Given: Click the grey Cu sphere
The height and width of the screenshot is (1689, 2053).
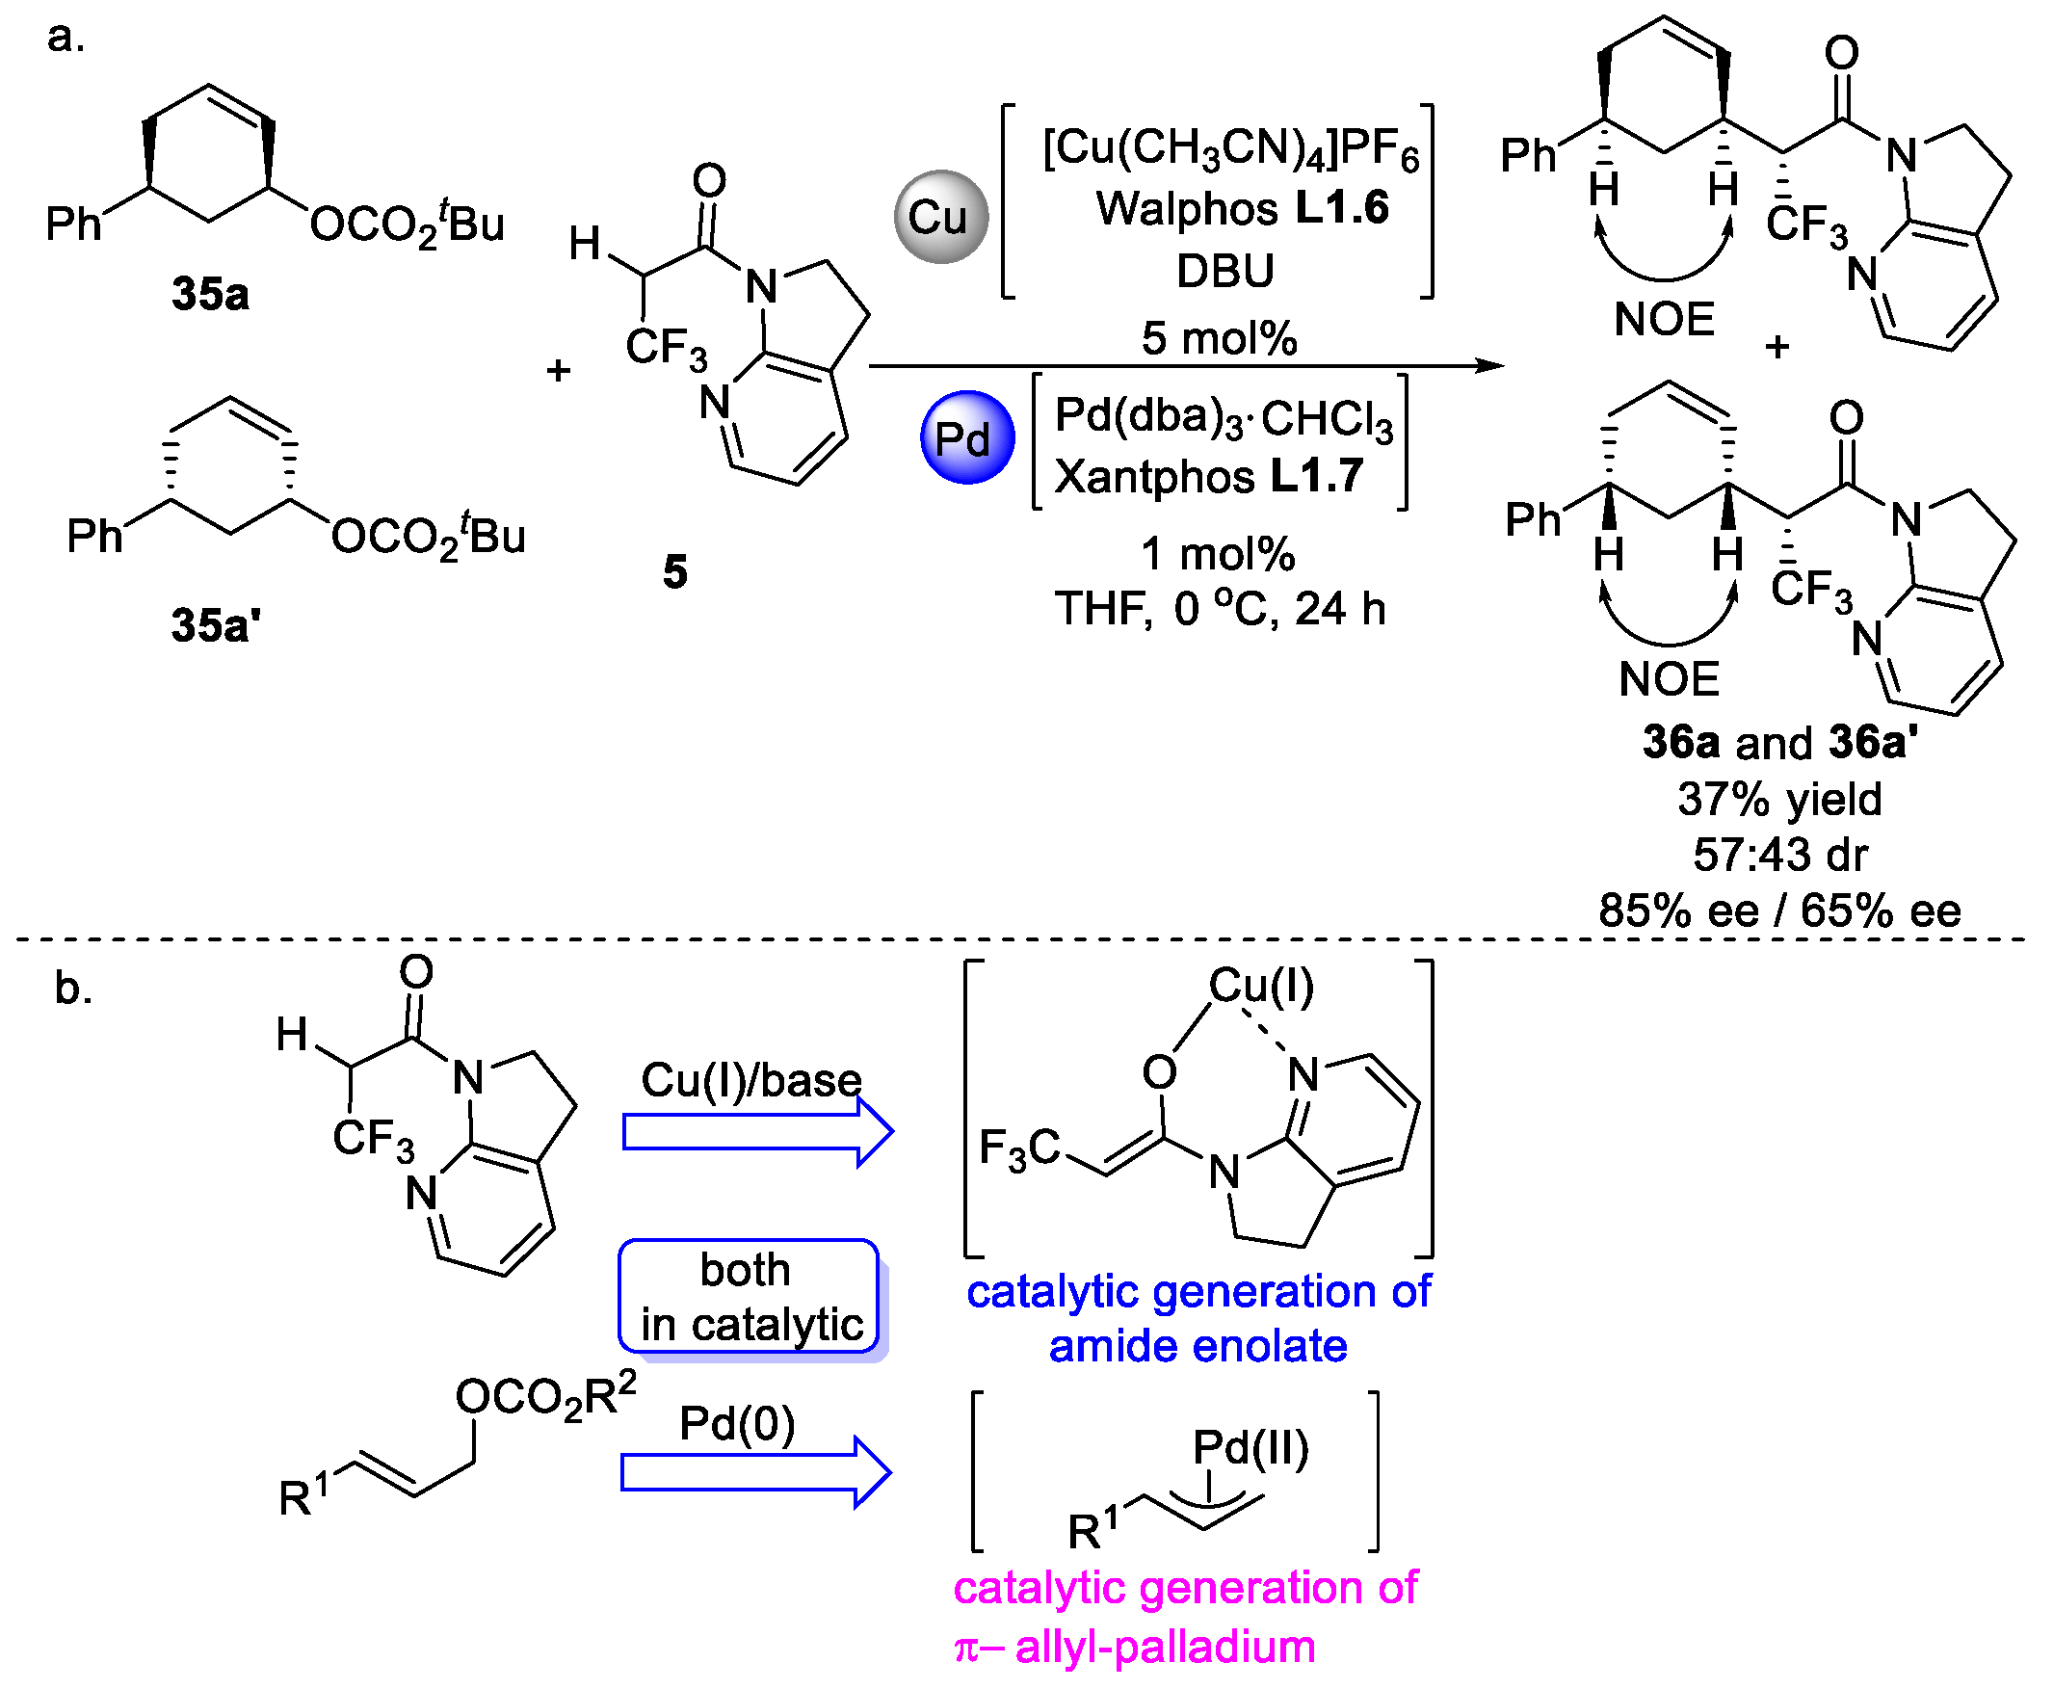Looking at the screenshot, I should [941, 216].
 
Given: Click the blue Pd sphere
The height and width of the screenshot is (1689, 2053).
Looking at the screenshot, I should [967, 437].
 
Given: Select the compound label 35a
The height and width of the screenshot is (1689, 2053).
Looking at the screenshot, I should [210, 294].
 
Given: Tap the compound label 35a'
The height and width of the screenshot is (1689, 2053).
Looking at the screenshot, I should [216, 625].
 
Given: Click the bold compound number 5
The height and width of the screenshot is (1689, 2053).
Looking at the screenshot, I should [675, 572].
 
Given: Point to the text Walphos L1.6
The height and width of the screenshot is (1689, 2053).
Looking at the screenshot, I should [1243, 208].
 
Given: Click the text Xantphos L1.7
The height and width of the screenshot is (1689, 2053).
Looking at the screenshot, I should [1208, 477].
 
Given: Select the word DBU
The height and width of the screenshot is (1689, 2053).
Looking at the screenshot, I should [1224, 271].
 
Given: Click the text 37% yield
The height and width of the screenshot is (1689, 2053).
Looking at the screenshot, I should [1779, 799].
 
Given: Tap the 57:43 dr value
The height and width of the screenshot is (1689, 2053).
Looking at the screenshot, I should [1779, 856].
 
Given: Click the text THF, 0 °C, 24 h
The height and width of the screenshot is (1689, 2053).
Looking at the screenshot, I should [1220, 609].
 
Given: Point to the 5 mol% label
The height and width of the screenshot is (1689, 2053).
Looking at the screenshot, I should [1219, 338].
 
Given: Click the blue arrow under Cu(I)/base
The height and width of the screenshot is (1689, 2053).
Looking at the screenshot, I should [757, 1132].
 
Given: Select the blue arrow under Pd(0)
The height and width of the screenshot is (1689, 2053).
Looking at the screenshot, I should [755, 1473].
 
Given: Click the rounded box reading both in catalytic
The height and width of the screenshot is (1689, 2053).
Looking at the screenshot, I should [750, 1298].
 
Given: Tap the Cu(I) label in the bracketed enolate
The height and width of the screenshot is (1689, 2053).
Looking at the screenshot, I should [1261, 987].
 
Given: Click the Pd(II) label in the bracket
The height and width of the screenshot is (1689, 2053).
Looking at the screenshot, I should [1250, 1448].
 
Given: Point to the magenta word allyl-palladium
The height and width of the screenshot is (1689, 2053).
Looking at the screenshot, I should [1165, 1648].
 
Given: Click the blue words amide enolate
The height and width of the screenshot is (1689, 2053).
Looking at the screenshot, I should [1198, 1347].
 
